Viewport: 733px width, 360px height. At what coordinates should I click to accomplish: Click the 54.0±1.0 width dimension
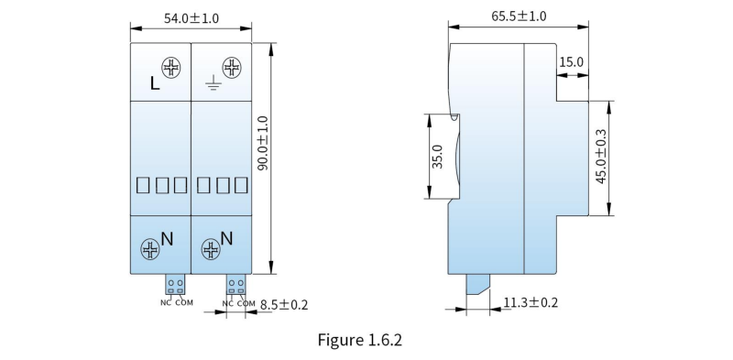[x=191, y=18]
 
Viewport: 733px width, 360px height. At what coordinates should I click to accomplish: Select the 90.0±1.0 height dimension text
[x=263, y=143]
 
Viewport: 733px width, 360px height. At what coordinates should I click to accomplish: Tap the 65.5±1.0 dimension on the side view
[x=519, y=16]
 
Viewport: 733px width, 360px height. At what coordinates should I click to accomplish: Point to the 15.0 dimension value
[x=571, y=61]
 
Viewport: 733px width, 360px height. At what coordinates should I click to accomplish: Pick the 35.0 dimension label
[x=437, y=156]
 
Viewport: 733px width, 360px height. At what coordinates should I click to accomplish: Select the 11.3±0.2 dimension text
[x=531, y=302]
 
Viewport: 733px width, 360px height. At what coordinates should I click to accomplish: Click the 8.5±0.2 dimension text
[x=284, y=305]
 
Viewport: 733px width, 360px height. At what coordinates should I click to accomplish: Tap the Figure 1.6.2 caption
[x=360, y=340]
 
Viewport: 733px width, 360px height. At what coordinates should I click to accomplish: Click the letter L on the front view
[x=155, y=83]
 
